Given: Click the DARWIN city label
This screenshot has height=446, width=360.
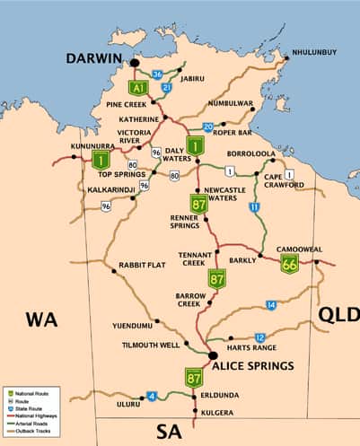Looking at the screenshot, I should [93, 58].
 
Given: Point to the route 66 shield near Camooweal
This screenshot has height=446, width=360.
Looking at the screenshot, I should [289, 263].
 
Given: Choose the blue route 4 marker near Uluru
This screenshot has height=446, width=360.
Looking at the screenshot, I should [152, 396].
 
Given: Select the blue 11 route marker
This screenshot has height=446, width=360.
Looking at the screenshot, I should [254, 207].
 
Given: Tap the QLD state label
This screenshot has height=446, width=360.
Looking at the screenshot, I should [338, 313].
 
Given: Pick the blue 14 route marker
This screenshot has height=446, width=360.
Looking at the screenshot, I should [271, 305].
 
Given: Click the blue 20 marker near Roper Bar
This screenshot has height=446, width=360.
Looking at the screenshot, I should [207, 127].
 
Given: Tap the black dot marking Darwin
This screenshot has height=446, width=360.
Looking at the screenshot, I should [134, 63].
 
